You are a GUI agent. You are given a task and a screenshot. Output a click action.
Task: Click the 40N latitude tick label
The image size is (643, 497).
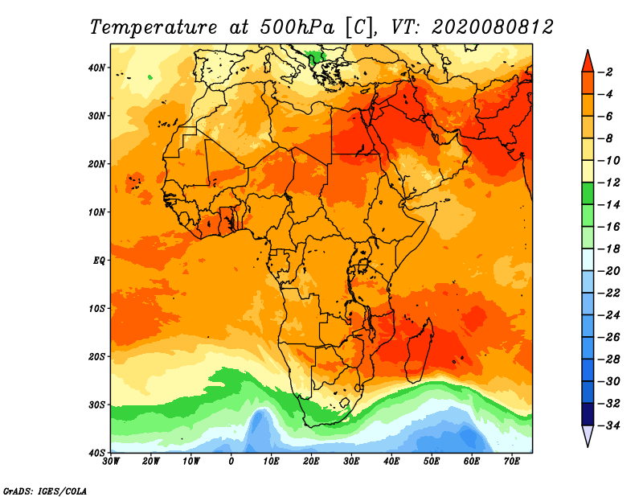[x=96, y=68]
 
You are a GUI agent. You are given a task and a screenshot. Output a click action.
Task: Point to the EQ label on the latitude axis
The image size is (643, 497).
[x=99, y=261]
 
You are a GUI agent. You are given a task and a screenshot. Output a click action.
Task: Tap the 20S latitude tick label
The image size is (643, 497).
[x=96, y=356]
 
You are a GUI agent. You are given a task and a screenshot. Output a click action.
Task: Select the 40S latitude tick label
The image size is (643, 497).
[x=96, y=453]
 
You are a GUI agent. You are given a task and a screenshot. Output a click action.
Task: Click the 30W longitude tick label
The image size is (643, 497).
[x=111, y=462]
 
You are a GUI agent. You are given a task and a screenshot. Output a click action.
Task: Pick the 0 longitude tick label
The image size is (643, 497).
[x=231, y=462]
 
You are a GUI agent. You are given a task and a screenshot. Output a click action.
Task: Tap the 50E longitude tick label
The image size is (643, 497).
[x=432, y=462]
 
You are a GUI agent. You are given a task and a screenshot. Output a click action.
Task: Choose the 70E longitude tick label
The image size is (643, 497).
[x=512, y=462]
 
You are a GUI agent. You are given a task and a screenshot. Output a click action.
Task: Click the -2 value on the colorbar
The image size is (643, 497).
[x=605, y=72]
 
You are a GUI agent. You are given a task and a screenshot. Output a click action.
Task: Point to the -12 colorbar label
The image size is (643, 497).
[x=608, y=183]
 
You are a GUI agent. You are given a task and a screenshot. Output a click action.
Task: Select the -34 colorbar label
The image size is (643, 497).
[x=608, y=425]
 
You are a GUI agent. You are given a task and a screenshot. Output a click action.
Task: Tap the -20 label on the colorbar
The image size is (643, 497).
[x=608, y=271]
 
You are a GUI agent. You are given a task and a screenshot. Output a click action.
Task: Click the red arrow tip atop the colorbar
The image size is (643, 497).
[x=588, y=51]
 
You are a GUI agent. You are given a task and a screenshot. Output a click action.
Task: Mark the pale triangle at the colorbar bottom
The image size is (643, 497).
[x=588, y=436]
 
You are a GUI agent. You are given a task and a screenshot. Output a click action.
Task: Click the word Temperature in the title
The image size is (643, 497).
[x=154, y=27]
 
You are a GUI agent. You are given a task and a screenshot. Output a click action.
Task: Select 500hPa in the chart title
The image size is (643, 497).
[x=297, y=27]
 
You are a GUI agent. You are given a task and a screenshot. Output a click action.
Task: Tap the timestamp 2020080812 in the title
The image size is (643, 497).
[x=492, y=27]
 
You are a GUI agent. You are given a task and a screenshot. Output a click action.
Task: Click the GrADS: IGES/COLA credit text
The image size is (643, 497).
[x=45, y=491]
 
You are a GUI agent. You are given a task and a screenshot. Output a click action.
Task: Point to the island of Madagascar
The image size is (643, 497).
[x=420, y=349]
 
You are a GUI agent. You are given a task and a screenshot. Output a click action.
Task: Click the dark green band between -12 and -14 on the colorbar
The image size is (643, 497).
[x=588, y=194]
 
